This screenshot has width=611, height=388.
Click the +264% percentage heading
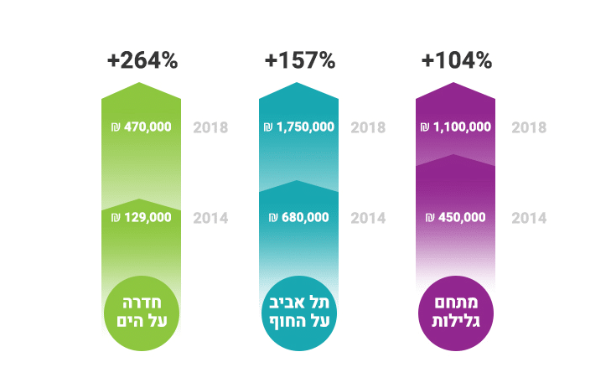pyautogui.click(x=142, y=60)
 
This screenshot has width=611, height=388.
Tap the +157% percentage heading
pyautogui.click(x=299, y=60)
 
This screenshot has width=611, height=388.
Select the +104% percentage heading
pyautogui.click(x=456, y=60)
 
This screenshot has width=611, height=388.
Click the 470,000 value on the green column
pyautogui.click(x=148, y=128)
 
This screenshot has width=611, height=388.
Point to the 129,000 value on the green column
pyautogui.click(x=148, y=217)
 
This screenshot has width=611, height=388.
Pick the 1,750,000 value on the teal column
pyautogui.click(x=304, y=128)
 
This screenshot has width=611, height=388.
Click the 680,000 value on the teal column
pyautogui.click(x=305, y=217)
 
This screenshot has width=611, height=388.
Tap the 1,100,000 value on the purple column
pyautogui.click(x=462, y=128)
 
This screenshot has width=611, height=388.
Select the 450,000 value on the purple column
pyautogui.click(x=462, y=217)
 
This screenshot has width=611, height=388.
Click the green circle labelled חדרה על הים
pyautogui.click(x=142, y=311)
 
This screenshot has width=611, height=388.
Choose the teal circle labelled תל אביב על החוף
pyautogui.click(x=299, y=311)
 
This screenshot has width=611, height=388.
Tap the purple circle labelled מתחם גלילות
pyautogui.click(x=456, y=311)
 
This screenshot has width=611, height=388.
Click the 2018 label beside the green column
pyautogui.click(x=210, y=128)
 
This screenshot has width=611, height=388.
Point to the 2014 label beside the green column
pyautogui.click(x=210, y=218)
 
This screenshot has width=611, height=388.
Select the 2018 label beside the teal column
pyautogui.click(x=368, y=128)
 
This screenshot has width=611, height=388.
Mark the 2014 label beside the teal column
pyautogui.click(x=368, y=218)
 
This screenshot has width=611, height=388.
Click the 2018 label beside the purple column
pyautogui.click(x=529, y=128)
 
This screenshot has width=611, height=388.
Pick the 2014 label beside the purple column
pyautogui.click(x=529, y=218)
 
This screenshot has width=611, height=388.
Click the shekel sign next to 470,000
pyautogui.click(x=116, y=128)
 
